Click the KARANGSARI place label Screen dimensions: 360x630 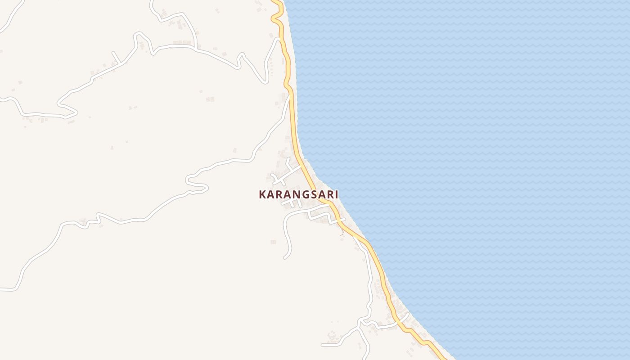(x=298, y=194)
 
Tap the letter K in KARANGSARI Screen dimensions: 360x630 (x=262, y=194)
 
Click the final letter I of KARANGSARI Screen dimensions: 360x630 (x=336, y=194)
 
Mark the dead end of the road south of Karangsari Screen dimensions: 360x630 (x=285, y=258)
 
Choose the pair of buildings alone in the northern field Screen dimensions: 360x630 (x=210, y=99)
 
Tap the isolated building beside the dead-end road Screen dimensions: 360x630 (x=273, y=242)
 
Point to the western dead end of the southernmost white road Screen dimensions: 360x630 (x=323, y=345)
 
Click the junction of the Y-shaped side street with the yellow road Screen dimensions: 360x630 (x=300, y=166)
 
